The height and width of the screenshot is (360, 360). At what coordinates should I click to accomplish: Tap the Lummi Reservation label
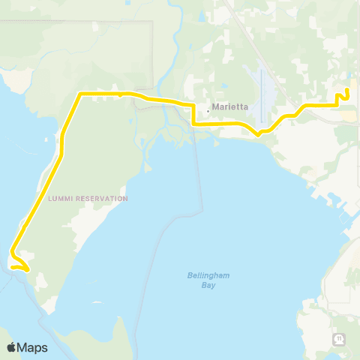(88, 199)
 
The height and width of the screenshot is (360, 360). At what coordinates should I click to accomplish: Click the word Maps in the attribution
(34, 347)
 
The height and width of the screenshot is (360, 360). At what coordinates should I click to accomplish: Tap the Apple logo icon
(12, 347)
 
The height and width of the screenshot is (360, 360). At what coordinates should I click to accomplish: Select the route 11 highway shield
(339, 340)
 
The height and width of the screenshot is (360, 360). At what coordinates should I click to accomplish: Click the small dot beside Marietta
(208, 109)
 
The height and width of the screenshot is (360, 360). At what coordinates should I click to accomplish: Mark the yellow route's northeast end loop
(346, 94)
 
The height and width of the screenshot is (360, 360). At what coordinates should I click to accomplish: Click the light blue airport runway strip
(261, 94)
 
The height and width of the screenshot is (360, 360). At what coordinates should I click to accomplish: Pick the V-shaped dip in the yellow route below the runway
(258, 136)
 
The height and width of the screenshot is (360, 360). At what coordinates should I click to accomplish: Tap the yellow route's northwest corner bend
(80, 94)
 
